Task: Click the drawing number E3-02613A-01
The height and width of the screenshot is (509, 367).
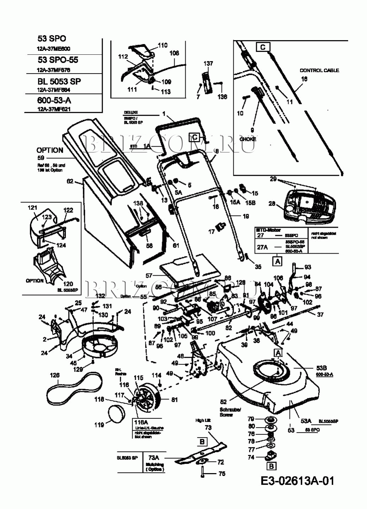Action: [297, 481]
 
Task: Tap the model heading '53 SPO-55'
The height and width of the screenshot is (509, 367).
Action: [58, 60]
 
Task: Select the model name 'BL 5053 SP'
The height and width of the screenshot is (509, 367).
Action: [59, 81]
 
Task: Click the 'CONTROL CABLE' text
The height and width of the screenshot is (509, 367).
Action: [319, 70]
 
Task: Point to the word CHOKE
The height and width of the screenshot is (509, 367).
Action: [248, 139]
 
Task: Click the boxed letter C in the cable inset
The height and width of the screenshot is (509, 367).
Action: [263, 47]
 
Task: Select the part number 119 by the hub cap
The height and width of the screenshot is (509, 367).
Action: [99, 424]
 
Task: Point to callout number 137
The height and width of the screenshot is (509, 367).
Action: [208, 64]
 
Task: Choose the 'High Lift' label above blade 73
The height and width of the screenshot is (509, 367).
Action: [203, 421]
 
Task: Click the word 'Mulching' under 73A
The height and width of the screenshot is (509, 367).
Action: [155, 464]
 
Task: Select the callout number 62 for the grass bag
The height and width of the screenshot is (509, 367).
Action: [70, 181]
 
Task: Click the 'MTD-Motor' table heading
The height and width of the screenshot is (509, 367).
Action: [268, 230]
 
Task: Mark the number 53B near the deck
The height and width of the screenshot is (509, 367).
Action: [321, 368]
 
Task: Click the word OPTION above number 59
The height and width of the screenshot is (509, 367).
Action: [50, 150]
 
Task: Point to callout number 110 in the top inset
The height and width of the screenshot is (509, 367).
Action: [162, 45]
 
